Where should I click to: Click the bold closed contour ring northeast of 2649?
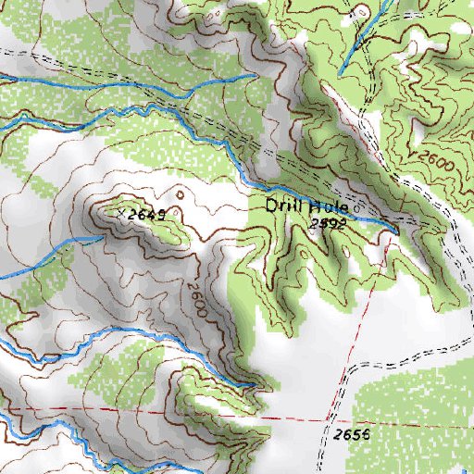181,194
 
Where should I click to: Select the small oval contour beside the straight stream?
362,12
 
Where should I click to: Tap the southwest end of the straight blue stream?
339,72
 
